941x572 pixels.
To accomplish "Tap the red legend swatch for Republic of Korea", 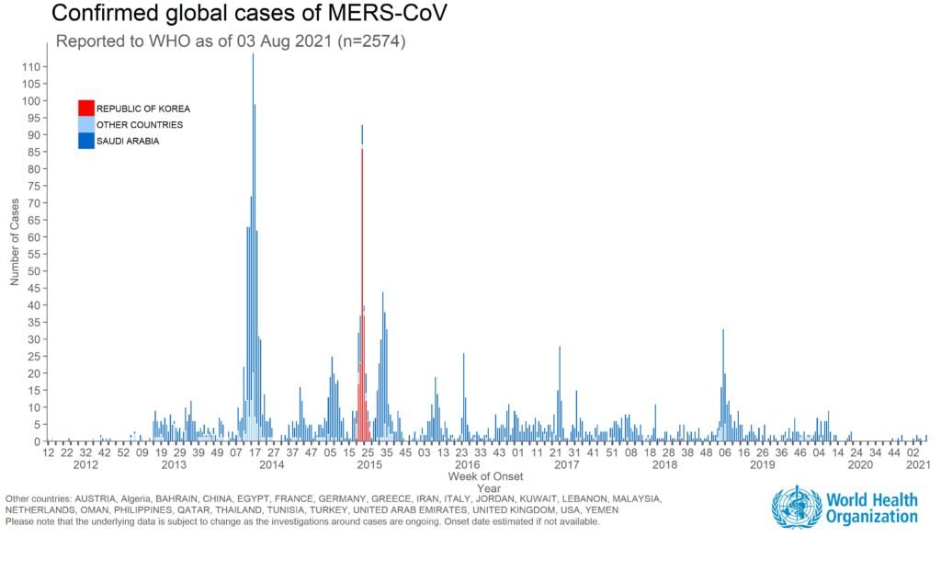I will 85,109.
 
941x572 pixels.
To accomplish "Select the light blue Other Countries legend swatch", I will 85,124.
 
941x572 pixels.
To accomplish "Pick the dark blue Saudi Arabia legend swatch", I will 85,141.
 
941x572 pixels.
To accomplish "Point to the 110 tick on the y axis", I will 32,67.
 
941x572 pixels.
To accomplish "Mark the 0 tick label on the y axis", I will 38,441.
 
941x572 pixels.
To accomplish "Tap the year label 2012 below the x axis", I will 85,465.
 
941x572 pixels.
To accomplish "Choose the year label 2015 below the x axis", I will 369,465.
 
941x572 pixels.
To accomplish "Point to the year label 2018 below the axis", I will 664,465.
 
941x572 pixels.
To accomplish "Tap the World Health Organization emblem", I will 796,508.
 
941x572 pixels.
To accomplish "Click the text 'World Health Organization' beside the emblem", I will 871,509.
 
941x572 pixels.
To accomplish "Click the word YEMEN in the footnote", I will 601,510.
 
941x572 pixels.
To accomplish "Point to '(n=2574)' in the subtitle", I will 362,41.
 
